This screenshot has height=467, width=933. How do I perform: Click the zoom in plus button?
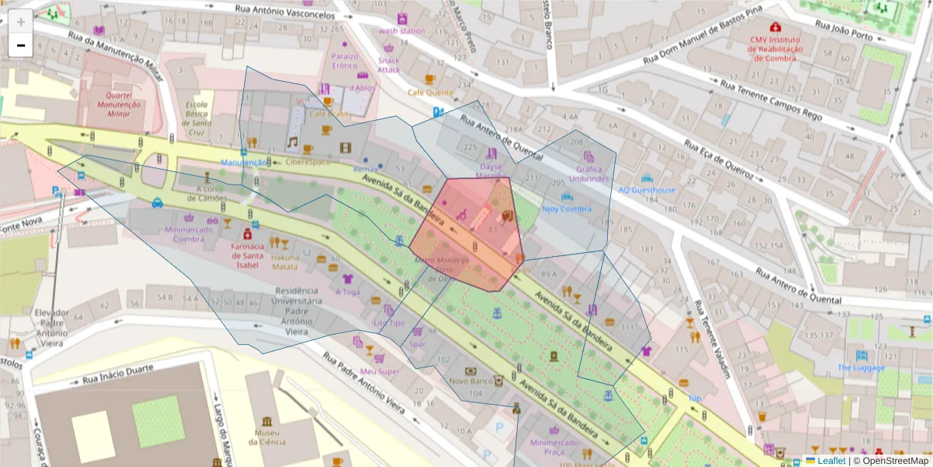point(21,22)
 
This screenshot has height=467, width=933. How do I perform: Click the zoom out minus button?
point(21,45)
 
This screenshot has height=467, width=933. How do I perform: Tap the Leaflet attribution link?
point(832,461)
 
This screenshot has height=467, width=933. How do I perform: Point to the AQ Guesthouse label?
point(647,190)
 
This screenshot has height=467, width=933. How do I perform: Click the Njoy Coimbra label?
point(567,209)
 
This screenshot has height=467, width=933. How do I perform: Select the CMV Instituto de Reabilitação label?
point(774,48)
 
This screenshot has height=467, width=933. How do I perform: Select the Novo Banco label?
point(470,381)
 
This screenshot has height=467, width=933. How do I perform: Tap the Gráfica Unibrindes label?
point(589,174)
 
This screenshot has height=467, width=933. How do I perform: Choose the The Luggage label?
point(861,367)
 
